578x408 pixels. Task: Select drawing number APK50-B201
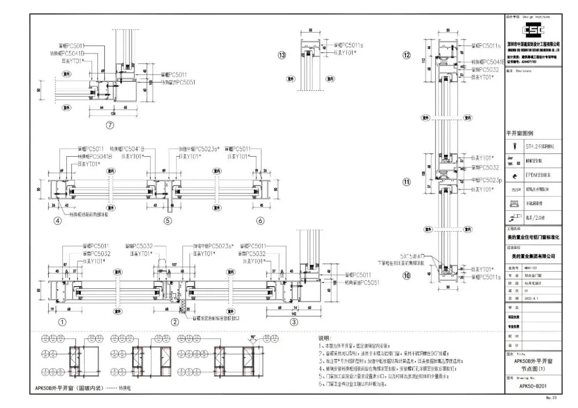click(533, 386)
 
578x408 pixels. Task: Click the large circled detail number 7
click(111, 127)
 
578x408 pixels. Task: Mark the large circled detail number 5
click(168, 220)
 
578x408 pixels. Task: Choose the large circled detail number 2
click(174, 322)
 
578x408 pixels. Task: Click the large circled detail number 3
click(293, 322)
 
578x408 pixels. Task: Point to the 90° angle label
click(252, 337)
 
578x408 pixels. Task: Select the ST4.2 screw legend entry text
click(538, 145)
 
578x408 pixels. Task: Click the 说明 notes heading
click(324, 338)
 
